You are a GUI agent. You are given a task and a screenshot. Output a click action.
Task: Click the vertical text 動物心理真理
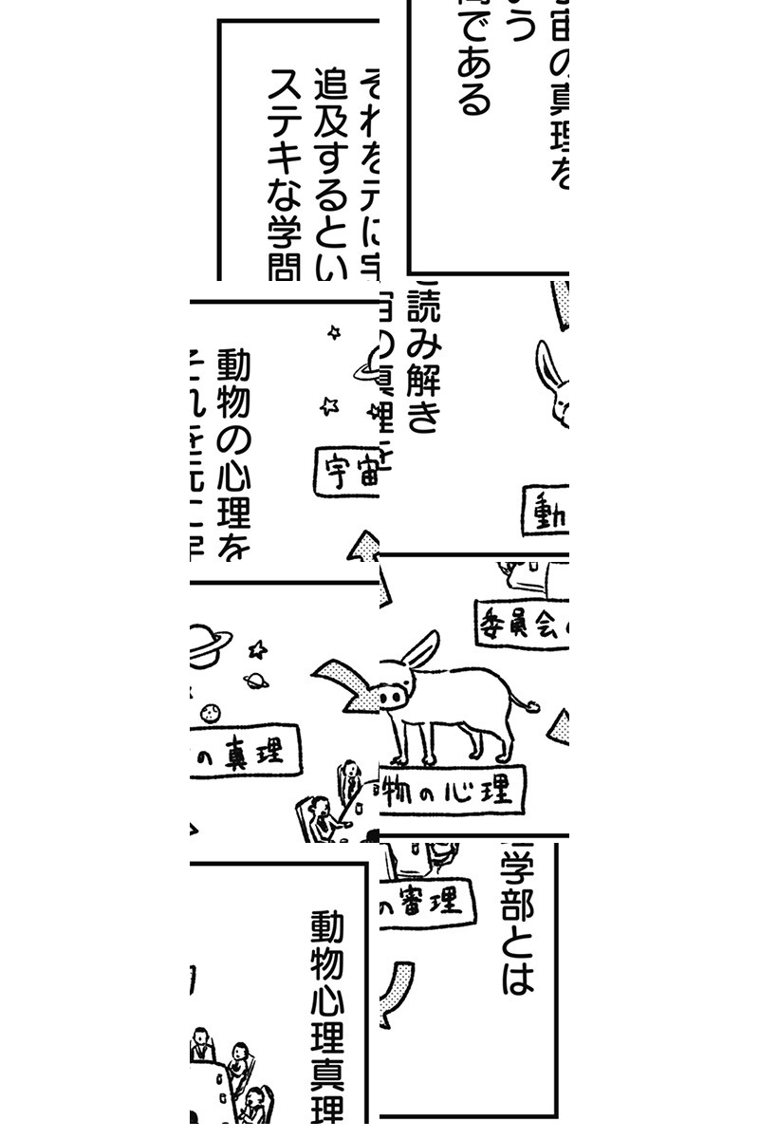[x=326, y=1016]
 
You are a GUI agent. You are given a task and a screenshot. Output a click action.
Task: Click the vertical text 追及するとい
[x=332, y=176]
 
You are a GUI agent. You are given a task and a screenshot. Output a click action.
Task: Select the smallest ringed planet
[x=255, y=681]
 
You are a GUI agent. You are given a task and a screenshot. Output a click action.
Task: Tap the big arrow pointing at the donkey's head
[x=343, y=683]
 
